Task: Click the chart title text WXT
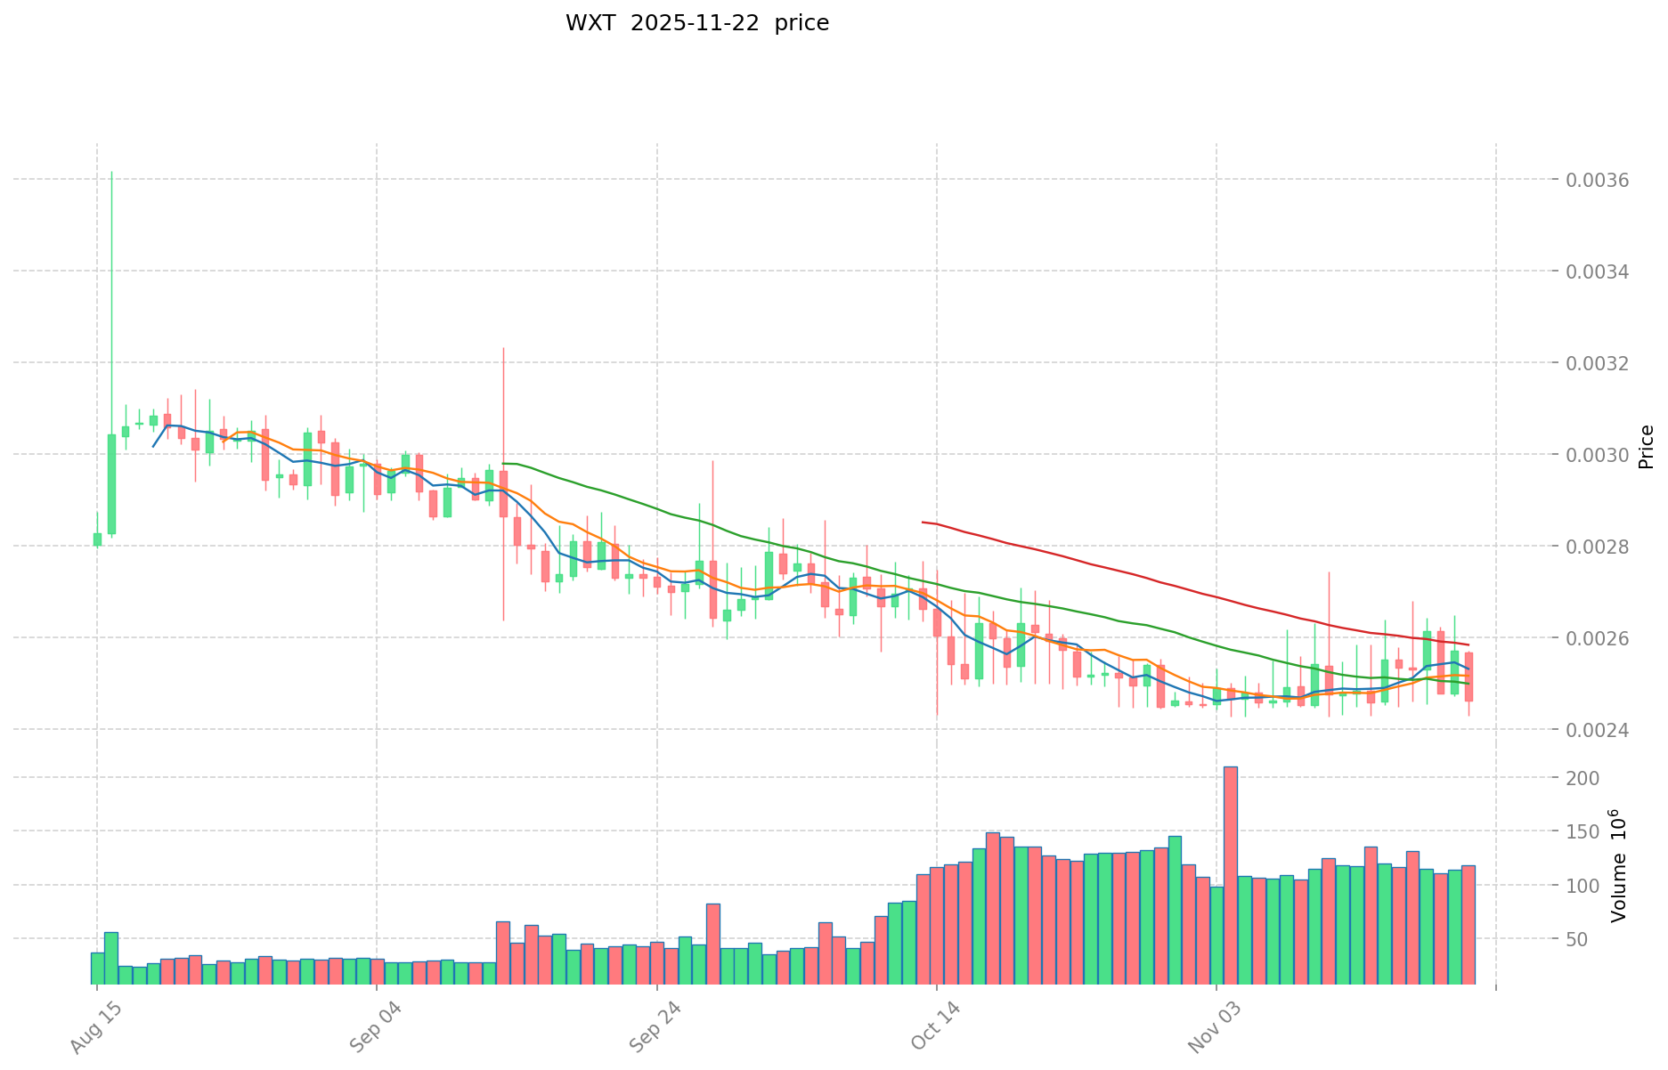click(590, 23)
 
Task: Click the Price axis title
click(1646, 447)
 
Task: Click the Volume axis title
click(1618, 865)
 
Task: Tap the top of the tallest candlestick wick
click(111, 172)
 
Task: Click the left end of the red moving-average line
click(923, 522)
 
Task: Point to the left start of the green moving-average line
click(503, 464)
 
